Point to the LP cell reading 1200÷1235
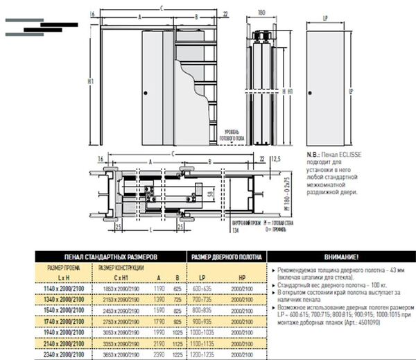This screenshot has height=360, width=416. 203,354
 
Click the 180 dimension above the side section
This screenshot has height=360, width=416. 261,12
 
